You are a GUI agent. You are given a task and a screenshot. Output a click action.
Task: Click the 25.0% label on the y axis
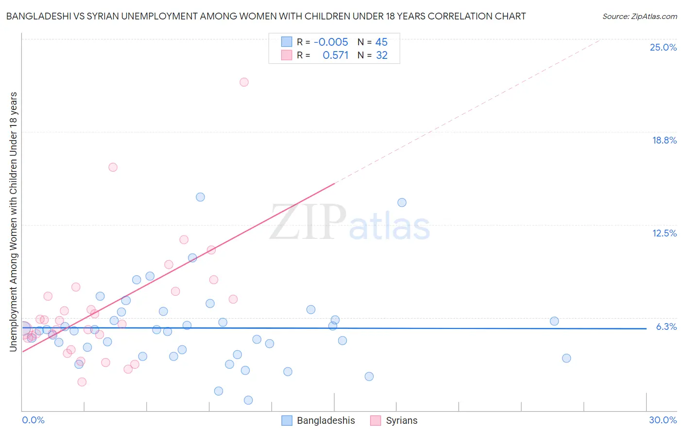[x=663, y=47]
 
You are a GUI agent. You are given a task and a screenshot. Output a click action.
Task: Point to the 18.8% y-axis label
[x=664, y=140]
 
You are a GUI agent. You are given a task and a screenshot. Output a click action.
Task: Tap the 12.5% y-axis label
[x=664, y=233]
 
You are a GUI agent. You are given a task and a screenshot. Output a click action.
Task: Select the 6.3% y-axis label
[x=666, y=326]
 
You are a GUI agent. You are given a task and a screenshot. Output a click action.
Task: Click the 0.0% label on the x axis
[x=33, y=420]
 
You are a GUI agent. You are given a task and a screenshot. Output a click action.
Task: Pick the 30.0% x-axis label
[x=663, y=420]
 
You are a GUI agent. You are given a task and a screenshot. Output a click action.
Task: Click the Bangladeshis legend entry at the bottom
[x=325, y=420]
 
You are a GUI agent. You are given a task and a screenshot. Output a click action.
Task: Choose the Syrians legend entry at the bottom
[x=401, y=420]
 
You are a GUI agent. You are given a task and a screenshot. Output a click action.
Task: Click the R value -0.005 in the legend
[x=331, y=42]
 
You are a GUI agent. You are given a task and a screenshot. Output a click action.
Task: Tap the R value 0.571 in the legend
[x=335, y=55]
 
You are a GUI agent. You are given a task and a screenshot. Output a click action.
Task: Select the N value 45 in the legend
[x=381, y=42]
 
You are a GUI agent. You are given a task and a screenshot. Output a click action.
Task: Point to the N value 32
[x=382, y=55]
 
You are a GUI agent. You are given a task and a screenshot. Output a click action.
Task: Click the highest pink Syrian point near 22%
[x=244, y=82]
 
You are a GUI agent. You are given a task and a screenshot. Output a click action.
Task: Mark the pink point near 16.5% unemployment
[x=113, y=167]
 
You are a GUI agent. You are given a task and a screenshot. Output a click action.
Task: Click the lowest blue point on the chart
[x=248, y=400]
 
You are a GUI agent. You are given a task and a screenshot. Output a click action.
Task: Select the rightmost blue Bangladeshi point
[x=566, y=358]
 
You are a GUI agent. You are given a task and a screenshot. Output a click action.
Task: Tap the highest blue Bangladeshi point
[x=200, y=197]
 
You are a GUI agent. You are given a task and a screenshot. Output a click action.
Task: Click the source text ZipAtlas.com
[x=639, y=17]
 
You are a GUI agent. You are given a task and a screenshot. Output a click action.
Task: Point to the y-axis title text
[x=13, y=221]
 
